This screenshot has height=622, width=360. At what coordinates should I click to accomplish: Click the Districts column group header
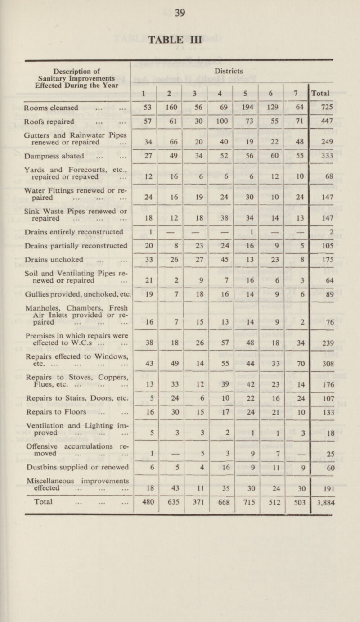tap(230, 71)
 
